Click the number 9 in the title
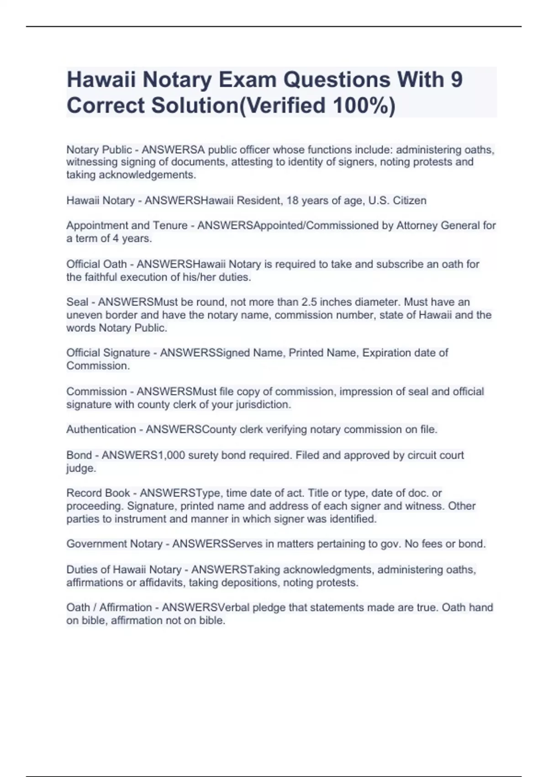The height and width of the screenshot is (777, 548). tap(456, 80)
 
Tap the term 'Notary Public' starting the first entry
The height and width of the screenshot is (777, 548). tap(99, 149)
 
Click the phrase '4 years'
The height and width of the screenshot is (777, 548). tap(132, 239)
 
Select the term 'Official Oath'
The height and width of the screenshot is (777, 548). tap(96, 264)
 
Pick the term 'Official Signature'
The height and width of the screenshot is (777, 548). tap(108, 353)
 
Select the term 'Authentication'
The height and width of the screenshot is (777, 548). tap(101, 430)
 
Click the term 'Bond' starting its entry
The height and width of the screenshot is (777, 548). tap(79, 455)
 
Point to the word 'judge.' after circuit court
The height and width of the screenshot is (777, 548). tap(81, 468)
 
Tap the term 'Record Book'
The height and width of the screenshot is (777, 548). tap(98, 493)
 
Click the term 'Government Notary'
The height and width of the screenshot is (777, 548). tap(115, 544)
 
